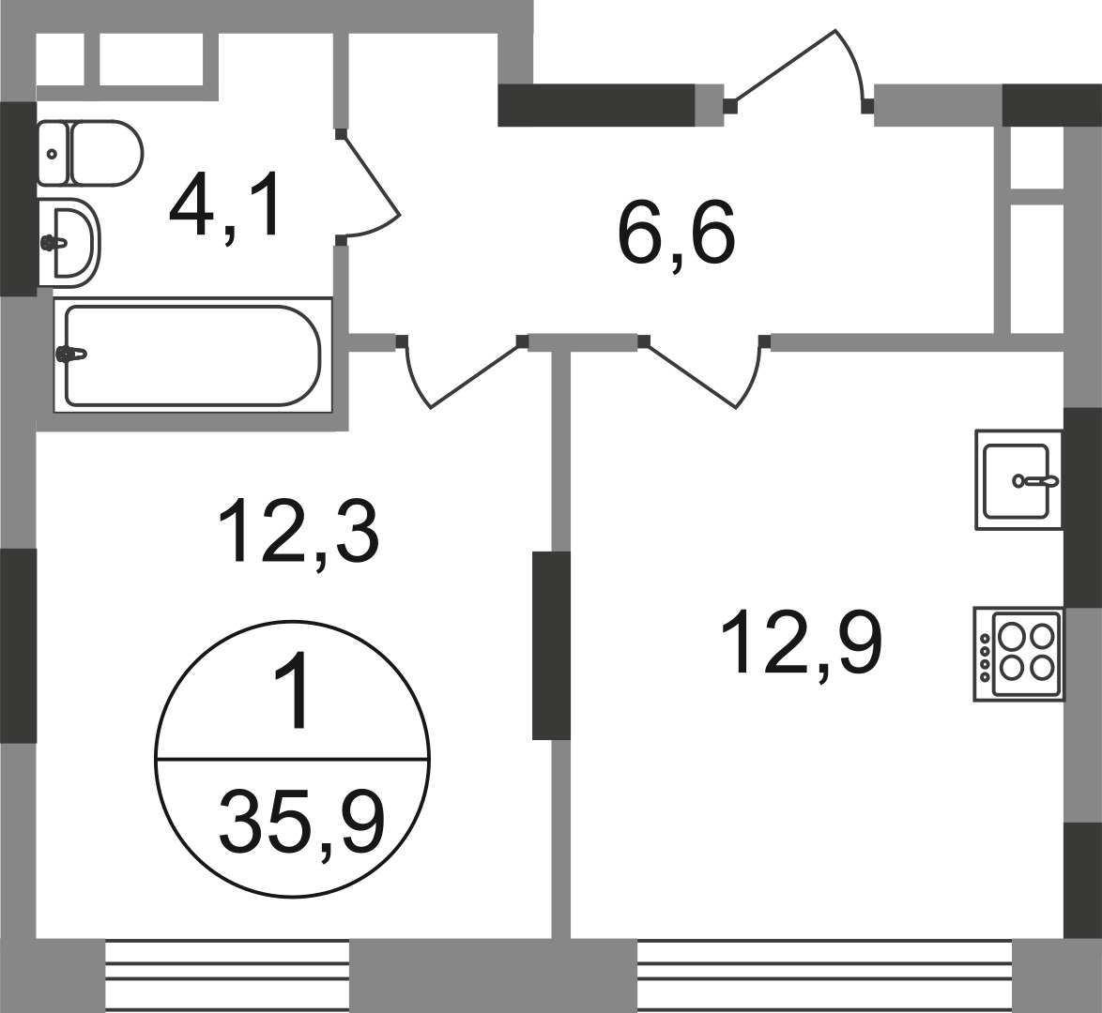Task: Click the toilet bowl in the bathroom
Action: [x=106, y=153]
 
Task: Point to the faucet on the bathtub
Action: [x=72, y=355]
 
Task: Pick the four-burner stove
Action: [x=1018, y=654]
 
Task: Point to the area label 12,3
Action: [x=298, y=532]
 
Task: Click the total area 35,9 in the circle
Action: [x=300, y=821]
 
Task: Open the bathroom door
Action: [x=371, y=188]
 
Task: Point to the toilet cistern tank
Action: [x=53, y=153]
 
